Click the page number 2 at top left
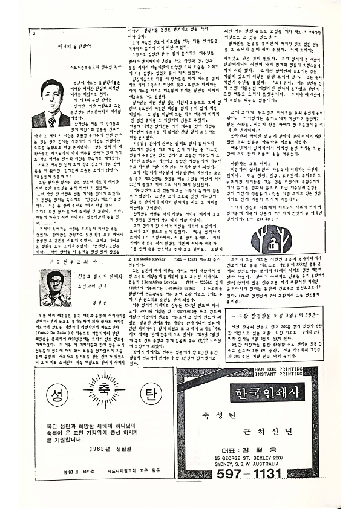click(35, 34)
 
